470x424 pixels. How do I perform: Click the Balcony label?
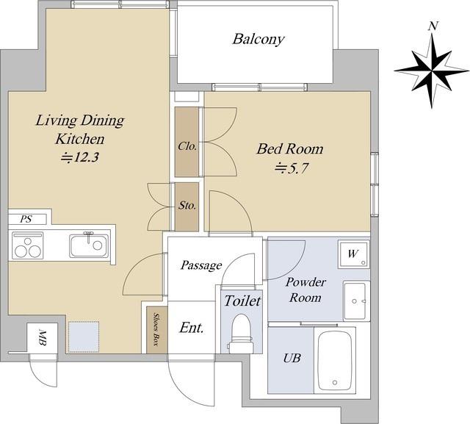pyautogui.click(x=258, y=39)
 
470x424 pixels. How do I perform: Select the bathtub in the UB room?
pyautogui.click(x=335, y=360)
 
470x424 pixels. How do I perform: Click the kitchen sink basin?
pyautogui.click(x=89, y=245)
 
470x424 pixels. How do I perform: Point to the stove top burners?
pyautogui.click(x=28, y=245)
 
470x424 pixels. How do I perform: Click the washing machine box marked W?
pyautogui.click(x=354, y=254)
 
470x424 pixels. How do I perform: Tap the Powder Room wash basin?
pyautogui.click(x=356, y=301)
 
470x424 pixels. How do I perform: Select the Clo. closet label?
pyautogui.click(x=187, y=146)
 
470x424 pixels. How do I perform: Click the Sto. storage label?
pyautogui.click(x=187, y=206)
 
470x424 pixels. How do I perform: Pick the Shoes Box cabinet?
pyautogui.click(x=156, y=329)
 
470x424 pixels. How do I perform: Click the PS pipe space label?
pyautogui.click(x=26, y=219)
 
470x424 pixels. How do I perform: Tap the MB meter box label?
pyautogui.click(x=43, y=337)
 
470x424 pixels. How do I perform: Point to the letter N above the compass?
pyautogui.click(x=432, y=26)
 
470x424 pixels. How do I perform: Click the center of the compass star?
pyautogui.click(x=432, y=71)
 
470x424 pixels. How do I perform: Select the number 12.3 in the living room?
pyautogui.click(x=86, y=157)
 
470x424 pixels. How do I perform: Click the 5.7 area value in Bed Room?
pyautogui.click(x=297, y=168)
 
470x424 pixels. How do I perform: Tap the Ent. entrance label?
pyautogui.click(x=192, y=328)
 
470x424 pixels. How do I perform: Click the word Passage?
pyautogui.click(x=201, y=265)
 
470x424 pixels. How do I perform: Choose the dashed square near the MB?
pyautogui.click(x=84, y=337)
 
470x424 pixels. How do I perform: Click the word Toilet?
pyautogui.click(x=242, y=301)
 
